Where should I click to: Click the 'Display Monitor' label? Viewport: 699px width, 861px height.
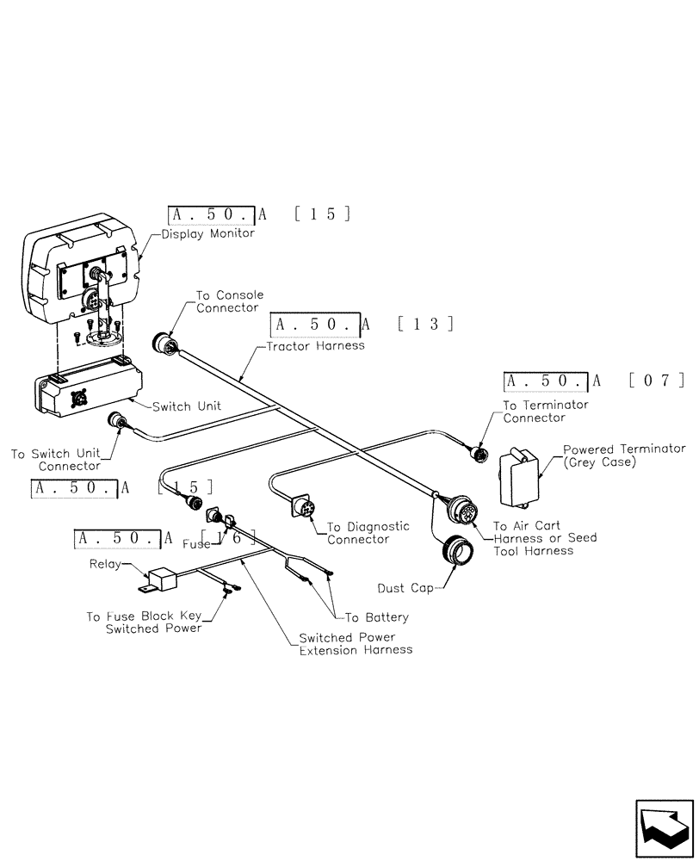(x=207, y=233)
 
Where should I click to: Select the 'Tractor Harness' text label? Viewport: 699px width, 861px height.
(x=315, y=345)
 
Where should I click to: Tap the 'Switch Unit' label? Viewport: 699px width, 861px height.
(x=186, y=406)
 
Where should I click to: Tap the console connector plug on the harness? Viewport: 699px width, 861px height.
(x=164, y=342)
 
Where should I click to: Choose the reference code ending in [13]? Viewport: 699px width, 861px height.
(x=362, y=325)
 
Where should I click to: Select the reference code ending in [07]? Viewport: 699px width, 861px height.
(x=595, y=381)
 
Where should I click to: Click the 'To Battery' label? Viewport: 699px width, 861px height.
(x=376, y=617)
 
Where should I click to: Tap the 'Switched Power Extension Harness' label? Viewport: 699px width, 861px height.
(x=355, y=643)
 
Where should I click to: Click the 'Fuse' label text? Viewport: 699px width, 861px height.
(x=195, y=544)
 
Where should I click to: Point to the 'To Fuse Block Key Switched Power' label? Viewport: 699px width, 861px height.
(x=144, y=623)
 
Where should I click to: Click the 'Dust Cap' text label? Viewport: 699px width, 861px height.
(x=406, y=589)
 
